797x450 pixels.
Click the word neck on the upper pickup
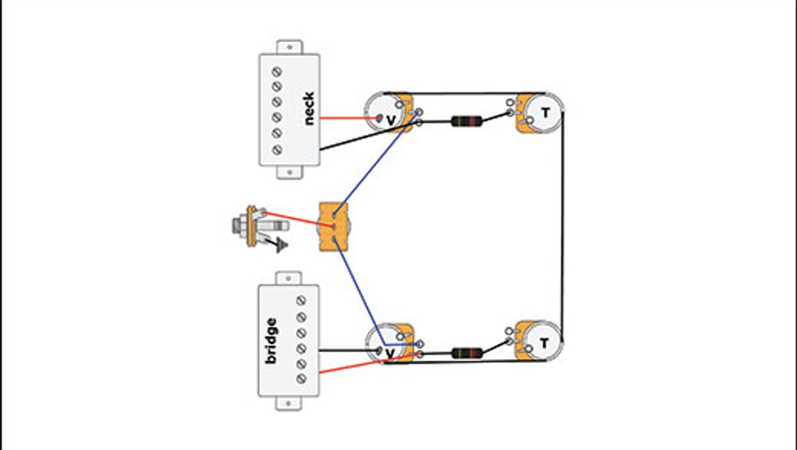tap(308, 108)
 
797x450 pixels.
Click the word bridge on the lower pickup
tap(271, 340)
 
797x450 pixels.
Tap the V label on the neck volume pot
tap(390, 118)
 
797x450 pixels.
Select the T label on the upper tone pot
tap(545, 113)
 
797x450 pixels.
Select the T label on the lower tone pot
tap(543, 343)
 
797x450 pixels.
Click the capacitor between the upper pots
tap(467, 121)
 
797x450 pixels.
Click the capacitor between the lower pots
tap(467, 353)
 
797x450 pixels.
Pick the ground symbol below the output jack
tap(280, 246)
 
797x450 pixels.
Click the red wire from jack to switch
tap(294, 219)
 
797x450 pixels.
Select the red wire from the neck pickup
tap(342, 118)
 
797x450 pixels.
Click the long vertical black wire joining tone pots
tap(562, 224)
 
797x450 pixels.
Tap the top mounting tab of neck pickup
tap(289, 47)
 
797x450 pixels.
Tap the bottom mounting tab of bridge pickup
tap(289, 403)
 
